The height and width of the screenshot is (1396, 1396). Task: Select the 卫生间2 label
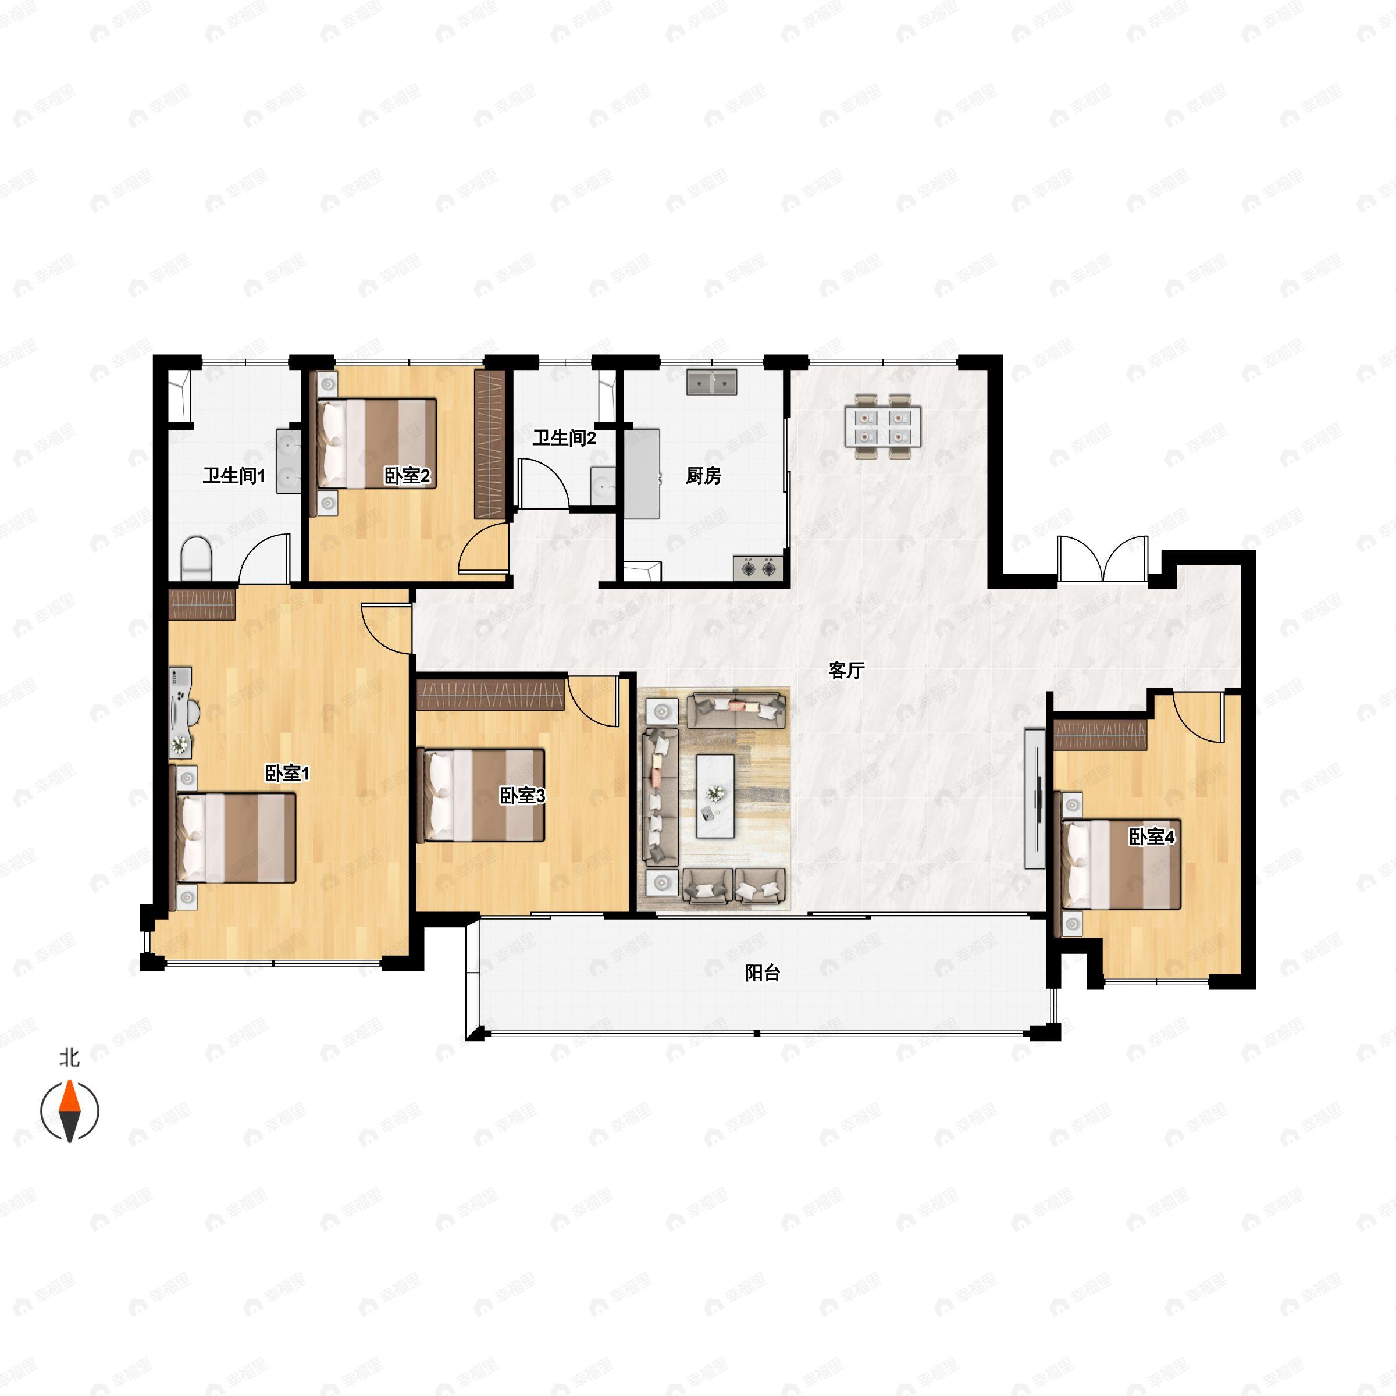click(564, 438)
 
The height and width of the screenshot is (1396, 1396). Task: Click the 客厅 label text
click(846, 671)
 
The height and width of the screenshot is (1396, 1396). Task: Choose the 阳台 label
click(763, 973)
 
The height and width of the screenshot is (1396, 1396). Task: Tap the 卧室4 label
click(1152, 837)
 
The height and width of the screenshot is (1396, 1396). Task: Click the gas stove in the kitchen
click(758, 567)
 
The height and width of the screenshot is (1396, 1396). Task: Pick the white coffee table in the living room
click(715, 796)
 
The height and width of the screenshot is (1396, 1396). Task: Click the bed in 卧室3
click(482, 795)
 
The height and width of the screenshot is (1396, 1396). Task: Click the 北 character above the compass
click(69, 1059)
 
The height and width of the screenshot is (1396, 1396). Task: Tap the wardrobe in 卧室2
click(489, 444)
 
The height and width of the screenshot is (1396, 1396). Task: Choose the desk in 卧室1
click(181, 713)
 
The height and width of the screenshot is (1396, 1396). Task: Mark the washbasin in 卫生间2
click(603, 486)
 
